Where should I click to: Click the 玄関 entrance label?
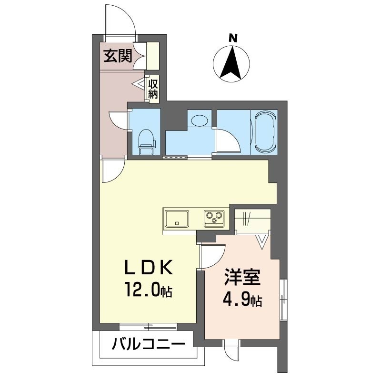[118, 56]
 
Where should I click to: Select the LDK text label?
[149, 267]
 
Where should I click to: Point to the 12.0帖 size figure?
[149, 290]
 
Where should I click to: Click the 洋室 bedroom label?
[242, 277]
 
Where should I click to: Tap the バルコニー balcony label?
[149, 344]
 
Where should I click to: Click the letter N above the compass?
[233, 38]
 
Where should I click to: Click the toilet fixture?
[147, 141]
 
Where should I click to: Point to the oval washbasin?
[199, 120]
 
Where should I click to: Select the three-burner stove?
[214, 218]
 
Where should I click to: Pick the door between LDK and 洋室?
[212, 256]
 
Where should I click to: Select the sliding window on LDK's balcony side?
[148, 327]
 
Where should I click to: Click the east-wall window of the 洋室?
[283, 300]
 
